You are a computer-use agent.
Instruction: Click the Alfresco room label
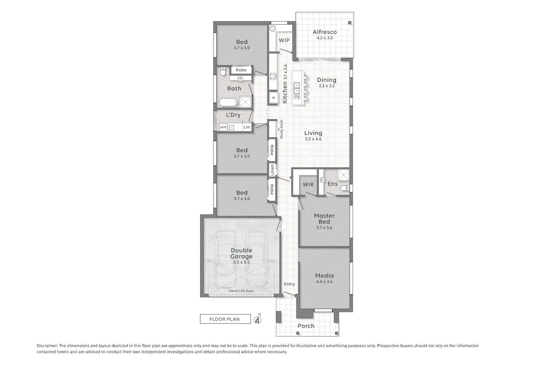pyautogui.click(x=325, y=32)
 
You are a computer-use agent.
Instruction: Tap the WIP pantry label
pyautogui.click(x=284, y=40)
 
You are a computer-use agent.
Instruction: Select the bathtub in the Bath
pyautogui.click(x=228, y=102)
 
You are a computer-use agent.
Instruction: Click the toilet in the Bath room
pyautogui.click(x=223, y=71)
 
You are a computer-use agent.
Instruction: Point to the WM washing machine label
pyautogui.click(x=223, y=127)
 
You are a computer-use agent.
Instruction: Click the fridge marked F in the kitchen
pyautogui.click(x=273, y=98)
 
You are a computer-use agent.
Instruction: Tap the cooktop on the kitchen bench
pyautogui.click(x=273, y=76)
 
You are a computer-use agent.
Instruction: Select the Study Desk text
pyautogui.click(x=281, y=129)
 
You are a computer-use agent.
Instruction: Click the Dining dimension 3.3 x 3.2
pyautogui.click(x=327, y=86)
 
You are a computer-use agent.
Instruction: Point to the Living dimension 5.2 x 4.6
pyautogui.click(x=313, y=139)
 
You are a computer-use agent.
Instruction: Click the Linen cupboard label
pyautogui.click(x=272, y=170)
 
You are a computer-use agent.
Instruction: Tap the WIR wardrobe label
pyautogui.click(x=308, y=184)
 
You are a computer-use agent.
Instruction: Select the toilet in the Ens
pyautogui.click(x=345, y=188)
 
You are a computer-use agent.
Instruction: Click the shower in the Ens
pyautogui.click(x=343, y=175)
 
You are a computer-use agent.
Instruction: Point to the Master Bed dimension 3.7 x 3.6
pyautogui.click(x=324, y=228)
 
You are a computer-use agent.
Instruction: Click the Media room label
pyautogui.click(x=324, y=276)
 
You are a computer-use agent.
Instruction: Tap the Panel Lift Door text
pyautogui.click(x=241, y=291)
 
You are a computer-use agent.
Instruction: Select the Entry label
pyautogui.click(x=289, y=284)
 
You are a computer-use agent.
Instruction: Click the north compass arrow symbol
pyautogui.click(x=258, y=320)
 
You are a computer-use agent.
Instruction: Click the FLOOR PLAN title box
pyautogui.click(x=225, y=319)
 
